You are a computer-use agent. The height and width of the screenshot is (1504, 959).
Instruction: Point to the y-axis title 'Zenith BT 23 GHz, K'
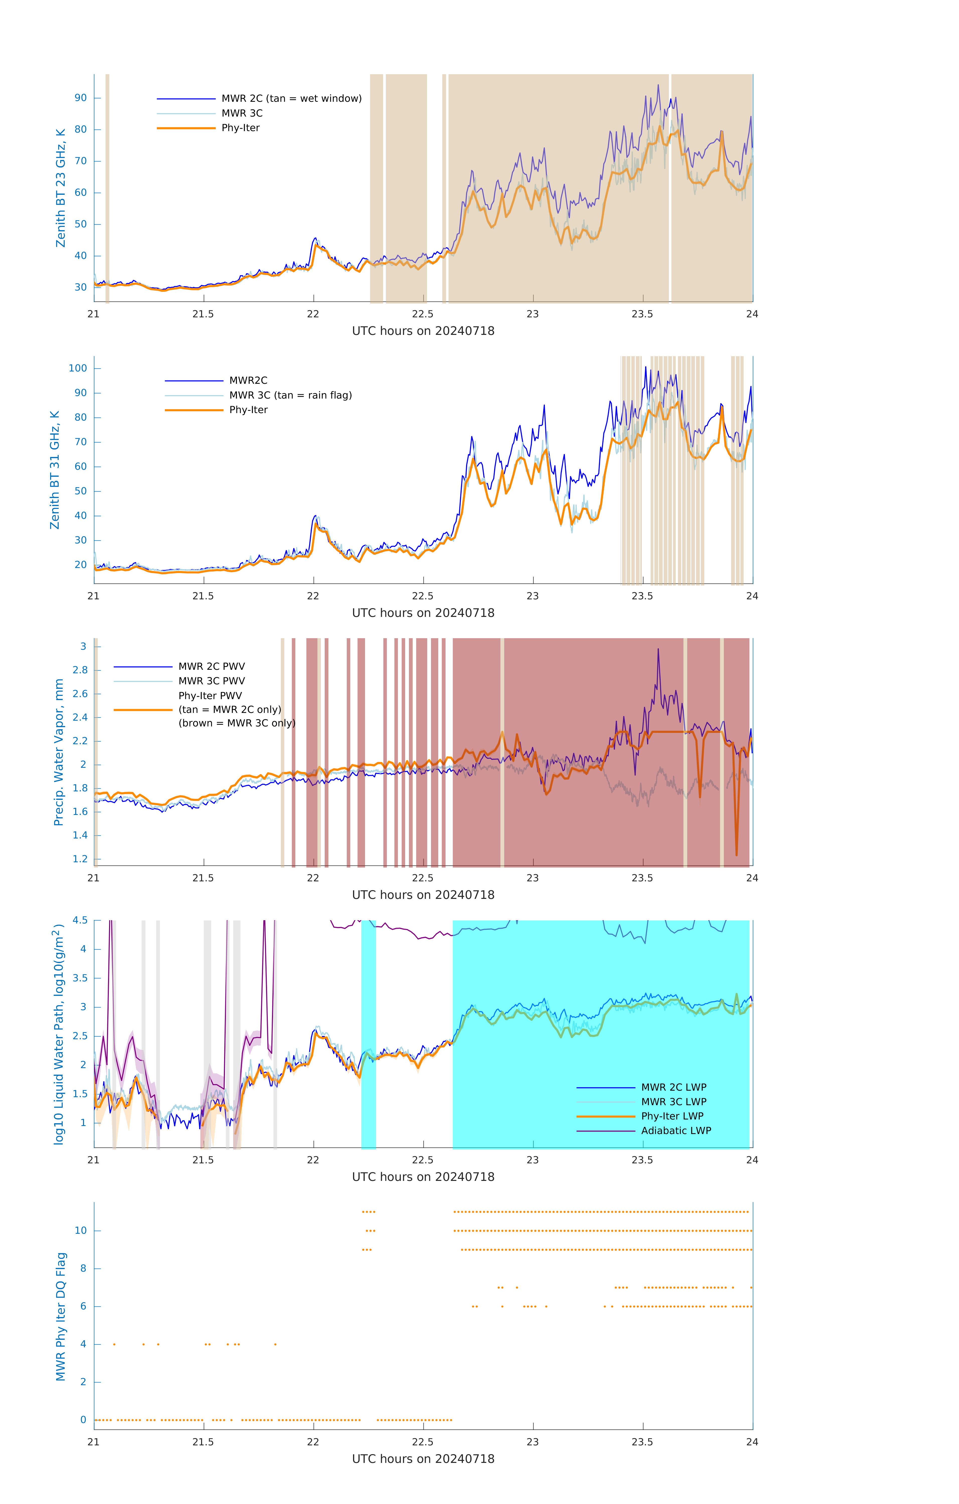click(61, 188)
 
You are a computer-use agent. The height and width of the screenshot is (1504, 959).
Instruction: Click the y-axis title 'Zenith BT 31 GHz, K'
click(55, 470)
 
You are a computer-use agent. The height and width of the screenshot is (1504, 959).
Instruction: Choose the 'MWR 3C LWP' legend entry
click(673, 1102)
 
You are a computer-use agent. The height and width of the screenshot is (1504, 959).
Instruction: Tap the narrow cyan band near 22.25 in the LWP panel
click(369, 1030)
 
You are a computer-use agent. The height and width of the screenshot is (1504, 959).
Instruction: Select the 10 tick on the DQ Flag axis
click(80, 1231)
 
